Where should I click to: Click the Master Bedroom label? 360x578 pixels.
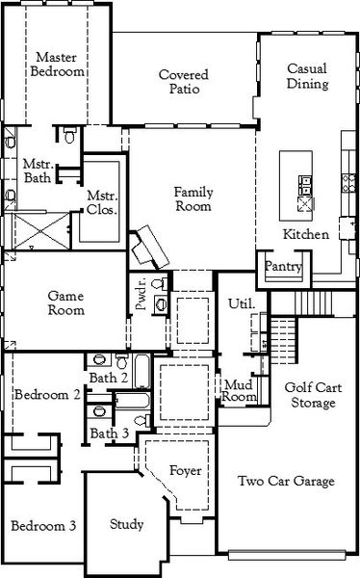point(57,65)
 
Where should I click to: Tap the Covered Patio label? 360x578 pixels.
point(184,82)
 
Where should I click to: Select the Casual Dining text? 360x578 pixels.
point(307,76)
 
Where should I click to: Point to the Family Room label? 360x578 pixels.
point(193,199)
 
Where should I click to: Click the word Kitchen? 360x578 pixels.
point(306,234)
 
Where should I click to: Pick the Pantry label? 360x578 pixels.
point(283,266)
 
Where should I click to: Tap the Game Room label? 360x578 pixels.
point(66,303)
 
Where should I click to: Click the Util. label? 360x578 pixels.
point(242,303)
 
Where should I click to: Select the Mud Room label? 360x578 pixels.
point(239,391)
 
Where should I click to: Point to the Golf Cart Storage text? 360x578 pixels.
point(313,395)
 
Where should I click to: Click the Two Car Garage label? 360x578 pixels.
point(286,481)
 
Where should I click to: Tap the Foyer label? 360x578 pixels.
point(186,471)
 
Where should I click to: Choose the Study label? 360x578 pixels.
point(126,524)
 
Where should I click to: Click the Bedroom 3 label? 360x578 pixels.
point(43,526)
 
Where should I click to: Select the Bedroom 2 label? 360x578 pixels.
point(47,395)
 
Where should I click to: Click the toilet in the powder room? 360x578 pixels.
point(159,284)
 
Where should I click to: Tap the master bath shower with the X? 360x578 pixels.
point(40,231)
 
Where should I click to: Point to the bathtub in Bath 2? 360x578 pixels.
point(141,371)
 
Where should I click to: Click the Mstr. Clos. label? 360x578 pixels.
point(102,202)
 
